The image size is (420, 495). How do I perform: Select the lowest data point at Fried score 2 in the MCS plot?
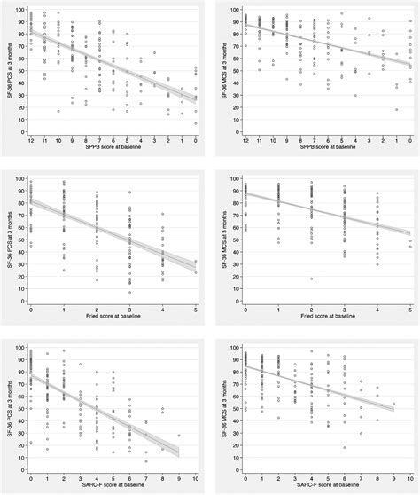[311, 279]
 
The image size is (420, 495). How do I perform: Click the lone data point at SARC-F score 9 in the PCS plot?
[179, 436]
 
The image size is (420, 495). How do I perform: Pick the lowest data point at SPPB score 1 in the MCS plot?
[395, 109]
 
